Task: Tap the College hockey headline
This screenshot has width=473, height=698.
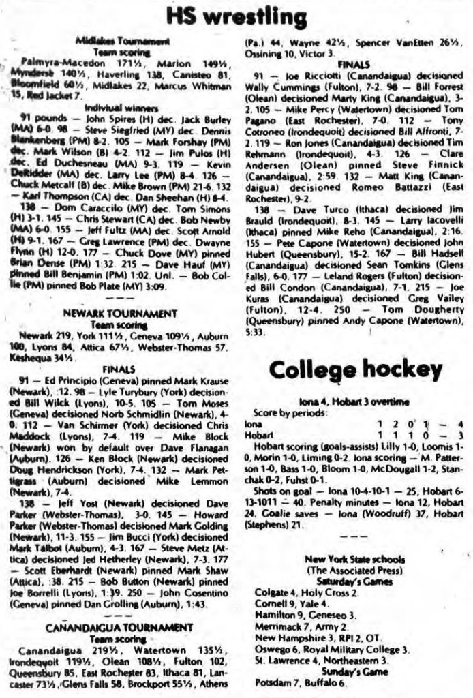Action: (x=355, y=369)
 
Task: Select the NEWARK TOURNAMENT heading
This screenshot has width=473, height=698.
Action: (x=120, y=313)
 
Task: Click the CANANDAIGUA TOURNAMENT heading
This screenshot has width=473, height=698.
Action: (x=119, y=626)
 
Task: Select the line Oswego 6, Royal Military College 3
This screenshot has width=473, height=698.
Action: (x=331, y=649)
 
